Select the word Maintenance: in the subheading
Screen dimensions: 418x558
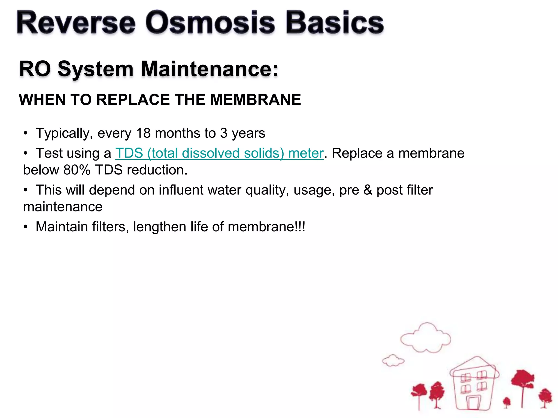click(x=209, y=69)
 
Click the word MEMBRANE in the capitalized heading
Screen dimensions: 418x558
click(x=255, y=100)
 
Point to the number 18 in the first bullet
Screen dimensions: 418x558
click(x=143, y=133)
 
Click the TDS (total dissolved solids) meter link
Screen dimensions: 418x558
click(x=219, y=153)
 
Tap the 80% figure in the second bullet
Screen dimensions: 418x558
click(x=77, y=170)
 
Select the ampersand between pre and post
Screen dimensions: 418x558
click(x=368, y=190)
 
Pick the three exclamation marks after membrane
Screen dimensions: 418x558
click(x=300, y=227)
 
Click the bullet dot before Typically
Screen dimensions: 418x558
click(x=26, y=133)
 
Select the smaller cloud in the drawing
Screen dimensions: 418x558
click(x=393, y=361)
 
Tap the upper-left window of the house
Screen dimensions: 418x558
click(x=465, y=378)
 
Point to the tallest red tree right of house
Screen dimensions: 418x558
click(x=522, y=381)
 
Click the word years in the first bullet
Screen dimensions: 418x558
click(x=248, y=133)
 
